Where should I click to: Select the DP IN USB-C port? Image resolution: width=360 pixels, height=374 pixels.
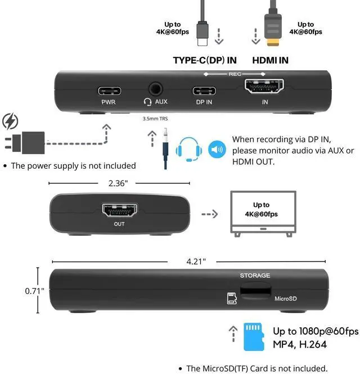coord(204,91)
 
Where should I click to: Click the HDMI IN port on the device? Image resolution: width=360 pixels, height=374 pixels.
coord(264,87)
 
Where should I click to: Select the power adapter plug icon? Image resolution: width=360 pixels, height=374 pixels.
coord(26,143)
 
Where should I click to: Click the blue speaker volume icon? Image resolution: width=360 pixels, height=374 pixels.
coord(217,150)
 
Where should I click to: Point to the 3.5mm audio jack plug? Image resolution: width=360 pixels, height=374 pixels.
coord(166,148)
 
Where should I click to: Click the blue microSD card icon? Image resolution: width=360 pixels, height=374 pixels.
coord(254,337)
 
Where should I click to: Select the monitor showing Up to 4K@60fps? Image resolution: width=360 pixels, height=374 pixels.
coord(263,213)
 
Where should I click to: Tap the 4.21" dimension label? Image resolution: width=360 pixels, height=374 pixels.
coord(196,261)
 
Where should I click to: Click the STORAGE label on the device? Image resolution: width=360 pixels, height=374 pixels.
coord(255,276)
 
